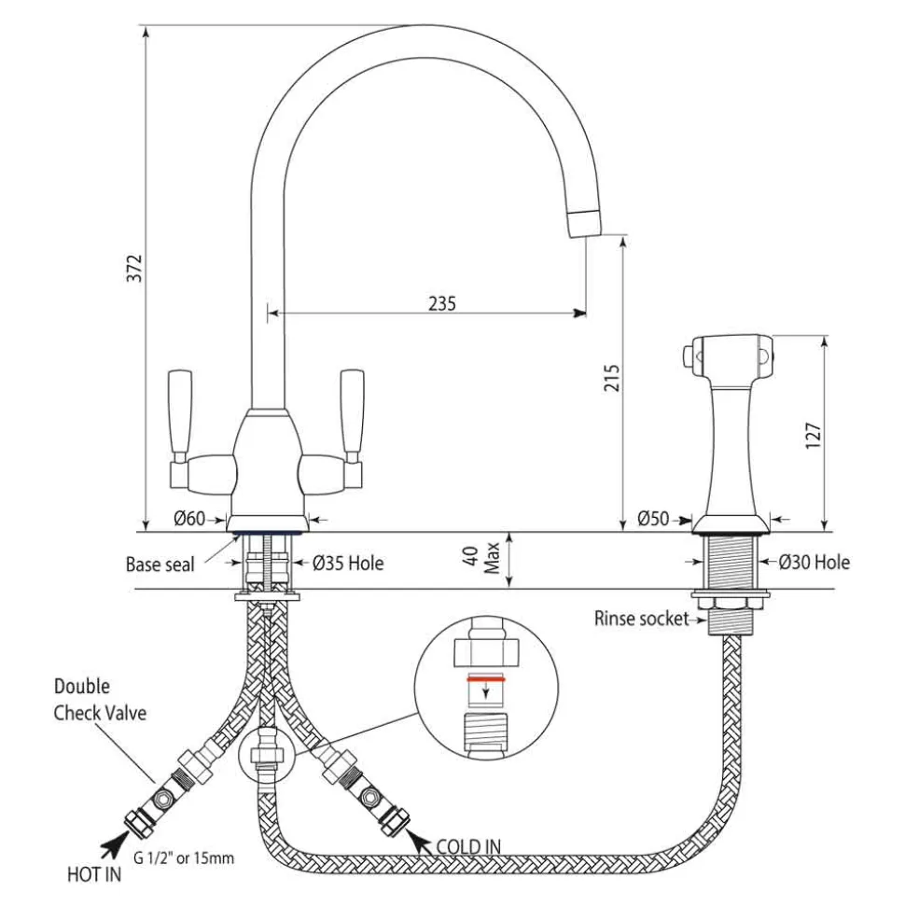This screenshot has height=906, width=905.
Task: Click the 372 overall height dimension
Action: pyautogui.click(x=134, y=268)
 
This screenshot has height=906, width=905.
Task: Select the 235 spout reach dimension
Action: pyautogui.click(x=442, y=303)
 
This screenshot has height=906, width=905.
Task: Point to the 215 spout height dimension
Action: pyautogui.click(x=611, y=378)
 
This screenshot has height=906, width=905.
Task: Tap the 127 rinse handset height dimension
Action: pyautogui.click(x=813, y=436)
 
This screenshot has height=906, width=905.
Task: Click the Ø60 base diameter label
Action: pyautogui.click(x=189, y=518)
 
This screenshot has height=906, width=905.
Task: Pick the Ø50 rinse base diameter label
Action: pyautogui.click(x=653, y=518)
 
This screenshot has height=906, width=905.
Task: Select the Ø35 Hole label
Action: pyautogui.click(x=348, y=563)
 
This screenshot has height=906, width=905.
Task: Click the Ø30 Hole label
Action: pyautogui.click(x=814, y=562)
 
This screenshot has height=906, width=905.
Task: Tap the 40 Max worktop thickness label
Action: pyautogui.click(x=482, y=558)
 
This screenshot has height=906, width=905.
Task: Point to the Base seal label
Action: pyautogui.click(x=160, y=564)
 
